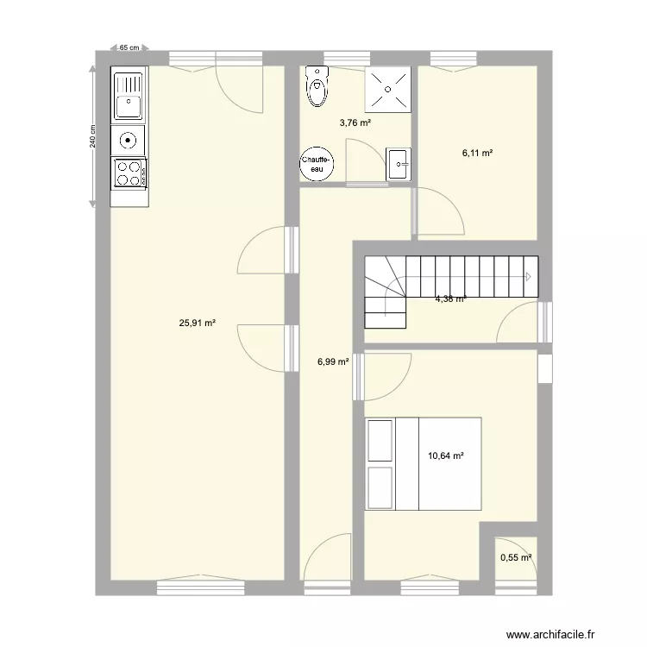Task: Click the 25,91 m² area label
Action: (x=197, y=323)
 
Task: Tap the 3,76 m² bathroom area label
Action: (x=355, y=122)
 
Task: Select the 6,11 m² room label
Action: (x=477, y=153)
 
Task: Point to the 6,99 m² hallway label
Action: (x=333, y=363)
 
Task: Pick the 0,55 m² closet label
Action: (x=516, y=558)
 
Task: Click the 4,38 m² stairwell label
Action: (x=450, y=298)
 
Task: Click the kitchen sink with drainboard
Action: (x=129, y=96)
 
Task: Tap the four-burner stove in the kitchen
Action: (x=129, y=173)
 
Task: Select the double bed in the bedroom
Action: (x=423, y=463)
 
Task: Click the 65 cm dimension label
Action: (x=129, y=48)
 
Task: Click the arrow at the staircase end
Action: (x=528, y=277)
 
